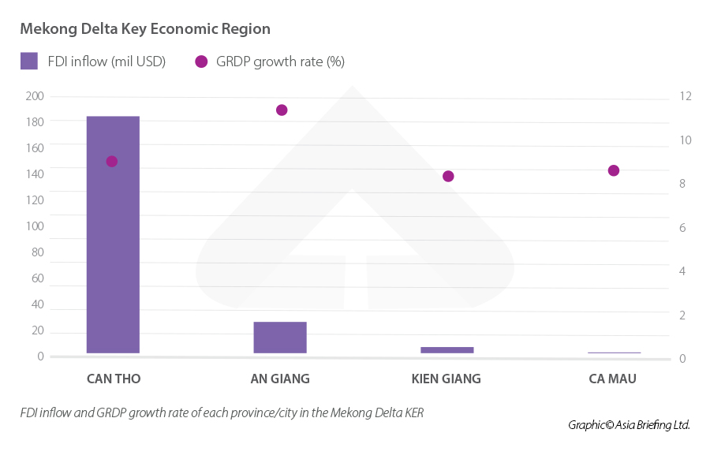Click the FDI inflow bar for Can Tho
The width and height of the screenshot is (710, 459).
pyautogui.click(x=113, y=234)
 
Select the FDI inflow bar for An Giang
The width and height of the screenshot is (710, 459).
pyautogui.click(x=280, y=337)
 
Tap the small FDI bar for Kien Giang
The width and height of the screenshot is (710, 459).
pyautogui.click(x=447, y=349)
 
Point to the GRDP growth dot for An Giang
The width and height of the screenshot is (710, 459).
pyautogui.click(x=282, y=110)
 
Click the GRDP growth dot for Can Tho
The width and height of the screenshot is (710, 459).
pyautogui.click(x=112, y=161)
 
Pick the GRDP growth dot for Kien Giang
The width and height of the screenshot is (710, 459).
pyautogui.click(x=448, y=176)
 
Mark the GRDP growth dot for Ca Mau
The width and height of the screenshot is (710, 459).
pyautogui.click(x=614, y=170)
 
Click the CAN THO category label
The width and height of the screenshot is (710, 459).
pyautogui.click(x=114, y=379)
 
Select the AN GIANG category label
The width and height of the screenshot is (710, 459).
pyautogui.click(x=280, y=379)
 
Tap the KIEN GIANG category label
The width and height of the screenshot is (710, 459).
pyautogui.click(x=446, y=379)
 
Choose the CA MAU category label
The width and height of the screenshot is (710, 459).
pyautogui.click(x=612, y=379)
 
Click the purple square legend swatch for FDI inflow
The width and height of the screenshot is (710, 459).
pyautogui.click(x=29, y=61)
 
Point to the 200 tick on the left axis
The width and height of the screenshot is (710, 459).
pyautogui.click(x=35, y=96)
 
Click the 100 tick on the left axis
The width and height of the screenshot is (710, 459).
pyautogui.click(x=35, y=226)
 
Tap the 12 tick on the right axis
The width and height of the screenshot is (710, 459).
pyautogui.click(x=685, y=96)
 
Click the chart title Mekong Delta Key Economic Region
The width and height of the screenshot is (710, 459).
pyautogui.click(x=145, y=29)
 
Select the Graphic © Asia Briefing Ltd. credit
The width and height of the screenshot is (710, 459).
pyautogui.click(x=629, y=424)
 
